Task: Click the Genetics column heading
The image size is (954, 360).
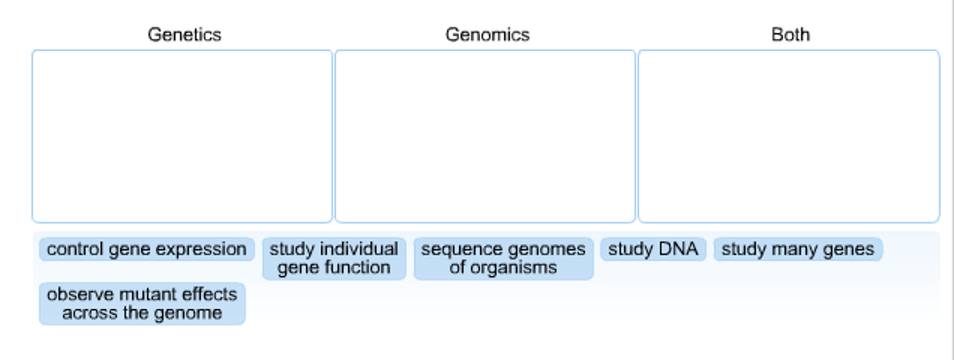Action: tap(184, 35)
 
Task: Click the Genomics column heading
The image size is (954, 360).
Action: tap(487, 35)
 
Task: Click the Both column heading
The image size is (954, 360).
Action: tap(790, 35)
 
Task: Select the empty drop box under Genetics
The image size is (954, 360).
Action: tap(182, 136)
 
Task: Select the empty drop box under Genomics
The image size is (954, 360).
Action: tap(485, 136)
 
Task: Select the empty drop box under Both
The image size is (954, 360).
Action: tap(788, 136)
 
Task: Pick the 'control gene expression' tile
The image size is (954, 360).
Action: tap(146, 249)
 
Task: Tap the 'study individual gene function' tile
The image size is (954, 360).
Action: tap(334, 258)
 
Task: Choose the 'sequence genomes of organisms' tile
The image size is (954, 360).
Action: tap(503, 258)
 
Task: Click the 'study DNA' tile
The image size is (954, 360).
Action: tap(653, 249)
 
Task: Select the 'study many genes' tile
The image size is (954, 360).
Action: tap(798, 249)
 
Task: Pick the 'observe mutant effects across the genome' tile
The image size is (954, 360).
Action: tap(142, 304)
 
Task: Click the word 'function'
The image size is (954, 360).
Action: tap(357, 268)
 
